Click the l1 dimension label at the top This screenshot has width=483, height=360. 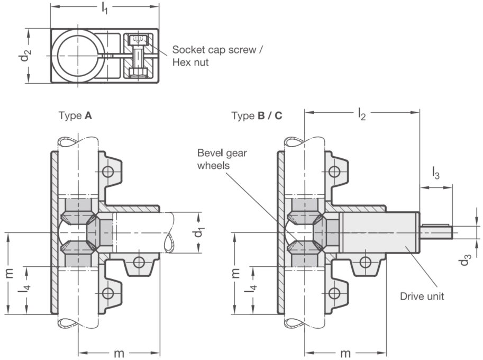pyautogui.click(x=105, y=8)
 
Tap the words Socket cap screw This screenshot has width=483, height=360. pyautogui.click(x=214, y=50)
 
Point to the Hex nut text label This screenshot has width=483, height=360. pyautogui.click(x=190, y=62)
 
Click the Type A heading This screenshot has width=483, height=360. pyautogui.click(x=75, y=115)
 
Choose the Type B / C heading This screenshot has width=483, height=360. pyautogui.click(x=257, y=115)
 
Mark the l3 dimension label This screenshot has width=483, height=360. pyautogui.click(x=435, y=173)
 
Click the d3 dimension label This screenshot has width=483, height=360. pyautogui.click(x=465, y=259)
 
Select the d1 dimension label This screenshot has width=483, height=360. pyautogui.click(x=199, y=232)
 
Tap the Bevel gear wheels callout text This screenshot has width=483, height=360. pyautogui.click(x=222, y=159)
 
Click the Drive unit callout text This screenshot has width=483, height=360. pyautogui.click(x=422, y=296)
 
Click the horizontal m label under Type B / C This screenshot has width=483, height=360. pyautogui.click(x=345, y=353)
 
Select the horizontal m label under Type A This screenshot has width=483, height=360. pyautogui.click(x=119, y=353)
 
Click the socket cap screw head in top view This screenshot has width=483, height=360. pyautogui.click(x=138, y=40)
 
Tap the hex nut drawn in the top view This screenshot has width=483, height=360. pyautogui.click(x=138, y=73)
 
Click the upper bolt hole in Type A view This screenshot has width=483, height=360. pyautogui.click(x=108, y=171)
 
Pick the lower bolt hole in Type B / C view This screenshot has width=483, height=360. pyautogui.click(x=335, y=293)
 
